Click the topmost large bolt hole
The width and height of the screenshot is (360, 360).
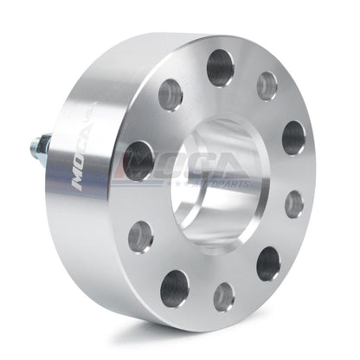[x=220, y=67]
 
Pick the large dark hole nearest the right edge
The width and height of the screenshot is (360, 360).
[x=293, y=138]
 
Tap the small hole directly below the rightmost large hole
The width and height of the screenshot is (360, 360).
[x=294, y=204]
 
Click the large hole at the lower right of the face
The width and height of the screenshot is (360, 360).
[x=268, y=263]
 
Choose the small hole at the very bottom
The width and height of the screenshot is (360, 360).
[x=223, y=296]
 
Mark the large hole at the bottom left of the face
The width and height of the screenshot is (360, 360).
[x=175, y=287]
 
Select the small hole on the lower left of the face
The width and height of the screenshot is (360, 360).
[x=140, y=235]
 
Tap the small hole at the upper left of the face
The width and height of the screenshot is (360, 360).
[x=170, y=93]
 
